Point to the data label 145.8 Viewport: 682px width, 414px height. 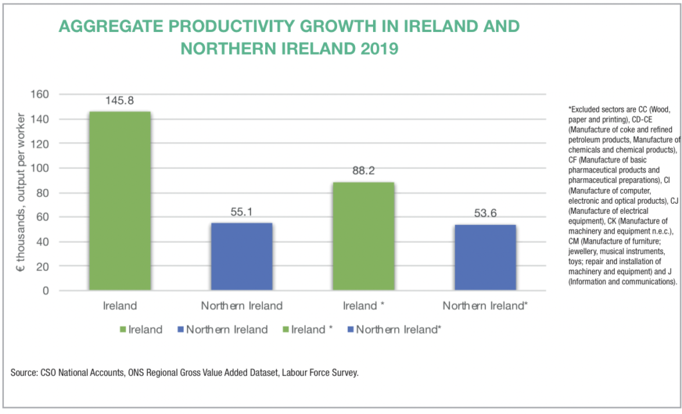[x=120, y=101]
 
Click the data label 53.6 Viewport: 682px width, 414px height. [x=486, y=214]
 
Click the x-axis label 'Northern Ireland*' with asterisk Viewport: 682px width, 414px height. [x=486, y=306]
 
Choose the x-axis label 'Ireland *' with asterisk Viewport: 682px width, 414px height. [x=364, y=306]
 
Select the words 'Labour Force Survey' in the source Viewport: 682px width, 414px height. [x=319, y=373]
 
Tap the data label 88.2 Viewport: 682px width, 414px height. [x=364, y=170]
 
